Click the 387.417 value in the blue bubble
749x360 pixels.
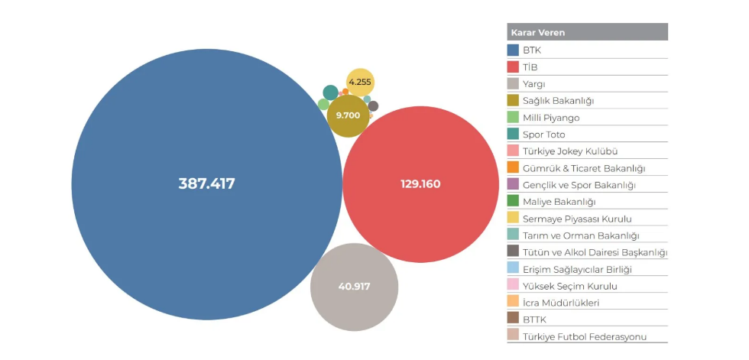coord(206,184)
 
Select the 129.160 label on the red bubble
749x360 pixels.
coord(420,184)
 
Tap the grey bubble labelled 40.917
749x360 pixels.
coord(354,287)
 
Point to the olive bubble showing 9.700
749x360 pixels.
coord(348,115)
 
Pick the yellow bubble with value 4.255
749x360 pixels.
coord(360,82)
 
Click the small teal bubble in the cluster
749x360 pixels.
coord(330,92)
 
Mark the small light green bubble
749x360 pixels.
coord(323,104)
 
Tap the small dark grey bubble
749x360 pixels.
coord(373,106)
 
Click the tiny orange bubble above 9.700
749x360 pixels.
coord(345,92)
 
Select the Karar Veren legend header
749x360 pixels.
coord(538,33)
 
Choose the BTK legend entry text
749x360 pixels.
coord(532,50)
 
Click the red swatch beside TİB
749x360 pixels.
coord(514,67)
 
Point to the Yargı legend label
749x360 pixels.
coord(534,84)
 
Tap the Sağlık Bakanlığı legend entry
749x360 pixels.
coord(559,101)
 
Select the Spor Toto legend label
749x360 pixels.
coord(544,135)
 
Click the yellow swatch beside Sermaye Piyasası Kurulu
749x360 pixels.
coord(514,219)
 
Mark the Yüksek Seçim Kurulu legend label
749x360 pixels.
coord(570,286)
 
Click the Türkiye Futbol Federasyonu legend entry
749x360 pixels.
coord(585,336)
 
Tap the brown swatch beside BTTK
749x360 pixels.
coord(514,319)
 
